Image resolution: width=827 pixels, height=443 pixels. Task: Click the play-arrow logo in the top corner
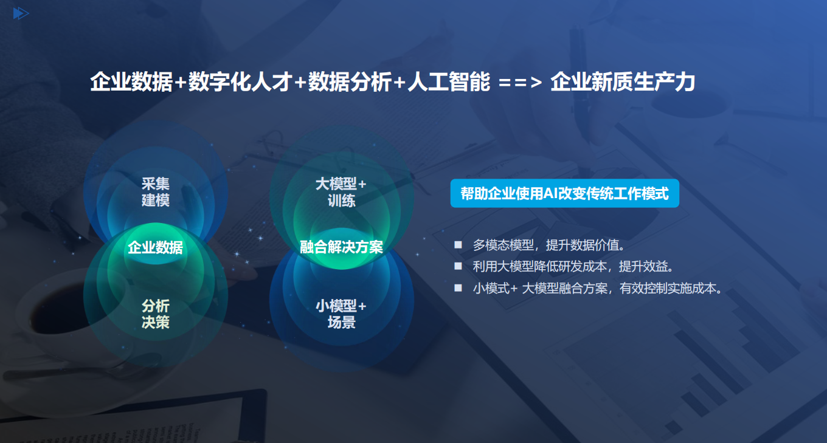pos(21,13)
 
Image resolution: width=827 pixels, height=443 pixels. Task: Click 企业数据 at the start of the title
pos(131,82)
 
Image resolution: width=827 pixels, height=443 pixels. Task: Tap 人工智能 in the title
pos(449,82)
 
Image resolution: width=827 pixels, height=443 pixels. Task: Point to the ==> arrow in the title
pos(520,83)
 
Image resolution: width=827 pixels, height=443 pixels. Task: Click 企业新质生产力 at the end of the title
pos(623,82)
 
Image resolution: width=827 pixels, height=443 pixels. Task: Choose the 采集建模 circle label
pos(156,192)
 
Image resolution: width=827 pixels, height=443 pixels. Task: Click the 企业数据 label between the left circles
pos(156,247)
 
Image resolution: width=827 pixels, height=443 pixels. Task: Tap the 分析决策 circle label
pos(156,314)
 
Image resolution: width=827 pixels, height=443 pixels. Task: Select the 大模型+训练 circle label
pos(341,192)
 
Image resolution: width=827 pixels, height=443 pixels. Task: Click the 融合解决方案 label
pos(341,247)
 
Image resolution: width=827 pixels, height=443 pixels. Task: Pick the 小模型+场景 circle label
pos(341,314)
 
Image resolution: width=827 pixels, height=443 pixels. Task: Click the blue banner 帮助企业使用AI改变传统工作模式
pos(564,193)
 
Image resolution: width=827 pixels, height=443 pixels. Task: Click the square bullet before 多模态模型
pos(458,244)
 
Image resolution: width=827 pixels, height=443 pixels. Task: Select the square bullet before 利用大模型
pos(458,266)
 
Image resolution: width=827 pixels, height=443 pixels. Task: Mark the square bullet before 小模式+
pos(458,287)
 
